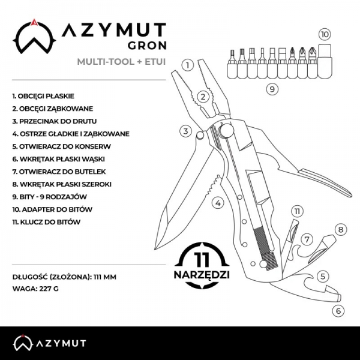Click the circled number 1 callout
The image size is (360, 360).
pos(188,65)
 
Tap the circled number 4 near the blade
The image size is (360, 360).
pos(218,203)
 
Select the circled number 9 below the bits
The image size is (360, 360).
pos(272,89)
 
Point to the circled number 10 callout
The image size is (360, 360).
pos(325,34)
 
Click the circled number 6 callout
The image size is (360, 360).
pos(338,311)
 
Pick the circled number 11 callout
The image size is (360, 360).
pos(297,211)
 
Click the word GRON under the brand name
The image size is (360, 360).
pos(147,46)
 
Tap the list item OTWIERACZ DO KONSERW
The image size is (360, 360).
pos(62,146)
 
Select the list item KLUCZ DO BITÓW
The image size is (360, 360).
pos(46,222)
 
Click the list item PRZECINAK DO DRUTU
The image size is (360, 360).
pos(55,121)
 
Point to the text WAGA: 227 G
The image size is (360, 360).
pos(35,289)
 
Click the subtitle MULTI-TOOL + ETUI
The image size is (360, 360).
pos(121,62)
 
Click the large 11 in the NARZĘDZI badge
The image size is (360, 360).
pos(202,260)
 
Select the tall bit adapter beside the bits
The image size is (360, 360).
pos(325,61)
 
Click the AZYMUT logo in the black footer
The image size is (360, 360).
pos(49,343)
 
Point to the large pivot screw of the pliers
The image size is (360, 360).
pos(226,131)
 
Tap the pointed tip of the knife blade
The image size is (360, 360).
pos(155,249)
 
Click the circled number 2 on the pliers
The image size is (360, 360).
pos(203,97)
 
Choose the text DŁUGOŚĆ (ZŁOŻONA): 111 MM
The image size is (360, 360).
pos(64,277)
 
